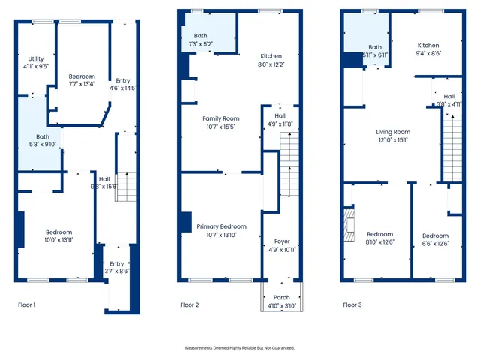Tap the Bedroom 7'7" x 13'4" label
point(82,79)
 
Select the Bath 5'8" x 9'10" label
point(41,140)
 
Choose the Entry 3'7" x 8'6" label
point(117,267)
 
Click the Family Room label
point(220,122)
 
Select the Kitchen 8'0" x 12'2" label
point(271,60)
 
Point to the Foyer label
point(281,244)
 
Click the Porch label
point(281,301)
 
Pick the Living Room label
point(393,135)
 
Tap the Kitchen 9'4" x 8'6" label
point(430,49)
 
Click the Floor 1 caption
point(26,305)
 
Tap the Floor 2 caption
point(189,305)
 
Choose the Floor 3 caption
point(352,305)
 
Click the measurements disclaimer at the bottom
point(240,348)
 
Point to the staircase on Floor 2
point(289,169)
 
